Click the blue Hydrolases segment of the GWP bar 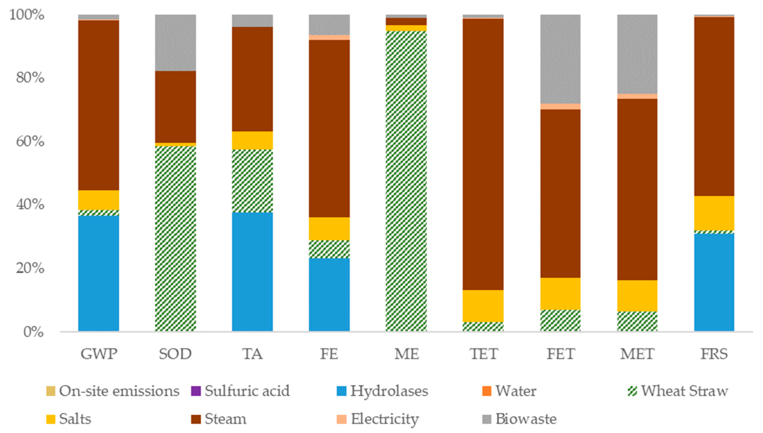coord(99,273)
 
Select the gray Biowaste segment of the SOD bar coord(175,43)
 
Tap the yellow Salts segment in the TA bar coord(252,140)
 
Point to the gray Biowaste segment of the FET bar coord(560,59)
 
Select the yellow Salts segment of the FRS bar coord(714,213)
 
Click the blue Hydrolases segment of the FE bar coord(329,294)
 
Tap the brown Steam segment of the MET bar coord(637,189)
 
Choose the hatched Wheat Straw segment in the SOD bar coord(175,238)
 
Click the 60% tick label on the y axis coord(30,141)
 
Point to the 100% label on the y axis coord(27,15)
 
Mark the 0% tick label coord(33,332)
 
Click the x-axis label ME coord(406,354)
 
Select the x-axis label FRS coord(714,354)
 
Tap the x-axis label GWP coord(99,354)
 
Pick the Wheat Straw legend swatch coord(632,391)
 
